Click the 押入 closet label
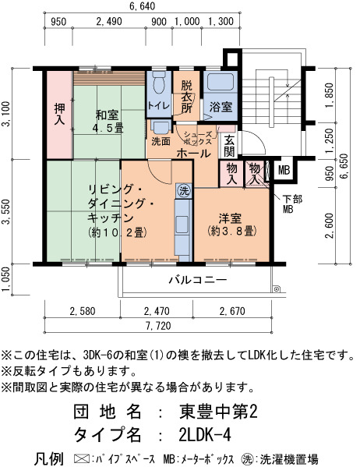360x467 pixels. pyautogui.click(x=59, y=114)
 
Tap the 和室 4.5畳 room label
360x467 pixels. pyautogui.click(x=108, y=122)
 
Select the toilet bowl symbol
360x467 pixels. pyautogui.click(x=159, y=82)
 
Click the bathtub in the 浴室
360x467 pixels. pyautogui.click(x=221, y=81)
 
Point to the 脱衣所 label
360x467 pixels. pyautogui.click(x=187, y=97)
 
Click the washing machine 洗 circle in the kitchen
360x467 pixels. pyautogui.click(x=184, y=191)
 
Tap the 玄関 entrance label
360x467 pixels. pyautogui.click(x=229, y=146)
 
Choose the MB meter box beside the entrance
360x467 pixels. pyautogui.click(x=284, y=170)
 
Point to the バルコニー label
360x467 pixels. pyautogui.click(x=199, y=280)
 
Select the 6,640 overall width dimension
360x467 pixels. pyautogui.click(x=143, y=6)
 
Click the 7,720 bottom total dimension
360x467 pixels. pyautogui.click(x=158, y=326)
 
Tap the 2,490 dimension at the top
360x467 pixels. pyautogui.click(x=109, y=22)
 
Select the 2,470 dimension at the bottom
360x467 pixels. pyautogui.click(x=157, y=312)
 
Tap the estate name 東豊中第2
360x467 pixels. pyautogui.click(x=218, y=412)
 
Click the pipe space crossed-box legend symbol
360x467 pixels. pyautogui.click(x=81, y=458)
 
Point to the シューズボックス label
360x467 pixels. pyautogui.click(x=198, y=138)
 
